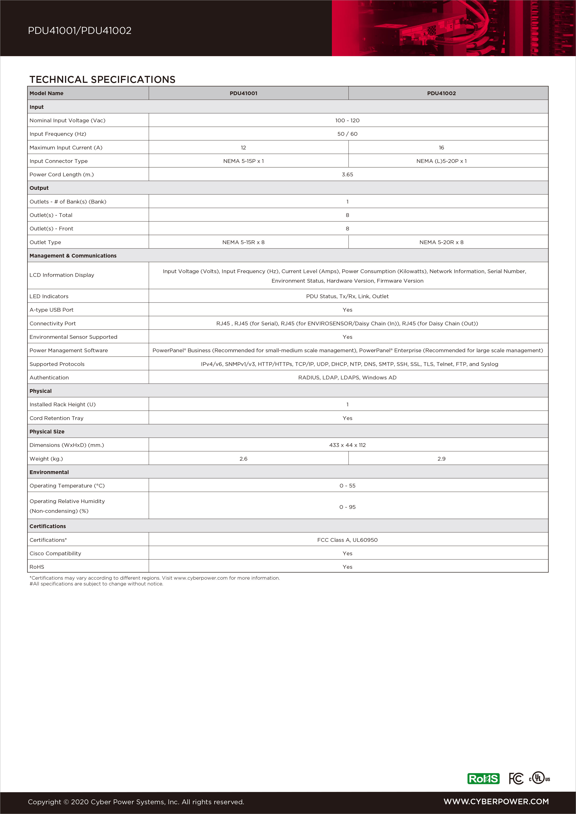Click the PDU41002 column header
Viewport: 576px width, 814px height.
point(441,93)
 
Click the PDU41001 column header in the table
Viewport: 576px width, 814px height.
point(243,93)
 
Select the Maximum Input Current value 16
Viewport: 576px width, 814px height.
point(441,148)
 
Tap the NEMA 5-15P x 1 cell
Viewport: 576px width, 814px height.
point(243,161)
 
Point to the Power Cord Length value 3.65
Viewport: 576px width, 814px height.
point(347,174)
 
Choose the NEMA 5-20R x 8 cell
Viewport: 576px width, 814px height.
point(441,242)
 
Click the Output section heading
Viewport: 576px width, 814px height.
point(39,188)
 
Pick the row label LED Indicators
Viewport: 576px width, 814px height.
point(49,296)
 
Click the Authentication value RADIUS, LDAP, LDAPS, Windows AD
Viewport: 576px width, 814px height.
point(347,378)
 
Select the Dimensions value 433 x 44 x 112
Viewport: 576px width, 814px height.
point(347,445)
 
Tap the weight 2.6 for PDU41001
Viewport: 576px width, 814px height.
point(243,459)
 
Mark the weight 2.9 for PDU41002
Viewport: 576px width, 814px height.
point(441,459)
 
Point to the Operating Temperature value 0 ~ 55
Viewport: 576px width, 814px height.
point(347,486)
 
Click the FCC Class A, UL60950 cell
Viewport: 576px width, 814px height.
point(347,540)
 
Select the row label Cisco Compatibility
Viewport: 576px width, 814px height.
point(55,553)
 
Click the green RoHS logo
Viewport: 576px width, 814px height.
point(483,778)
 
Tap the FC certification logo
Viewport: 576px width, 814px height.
point(516,778)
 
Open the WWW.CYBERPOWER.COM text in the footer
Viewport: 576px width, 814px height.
point(496,802)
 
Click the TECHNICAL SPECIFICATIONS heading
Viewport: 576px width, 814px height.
point(103,79)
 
